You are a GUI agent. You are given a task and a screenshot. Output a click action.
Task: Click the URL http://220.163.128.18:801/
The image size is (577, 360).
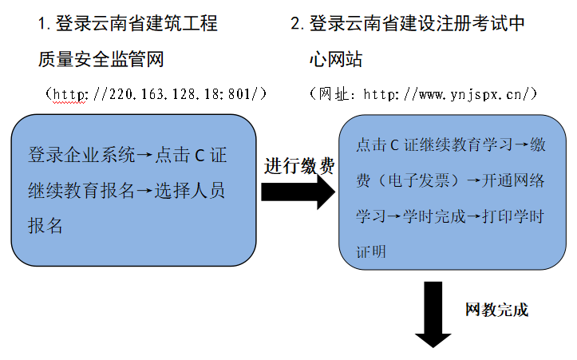tap(156, 94)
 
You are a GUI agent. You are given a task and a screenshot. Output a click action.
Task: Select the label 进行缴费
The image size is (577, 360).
tap(299, 165)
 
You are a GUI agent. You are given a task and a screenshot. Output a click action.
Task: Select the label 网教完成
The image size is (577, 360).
tap(496, 310)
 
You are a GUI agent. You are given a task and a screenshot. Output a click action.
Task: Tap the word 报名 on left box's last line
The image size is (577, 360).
tap(45, 226)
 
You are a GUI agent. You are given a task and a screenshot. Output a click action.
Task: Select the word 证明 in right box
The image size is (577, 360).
tap(370, 252)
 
